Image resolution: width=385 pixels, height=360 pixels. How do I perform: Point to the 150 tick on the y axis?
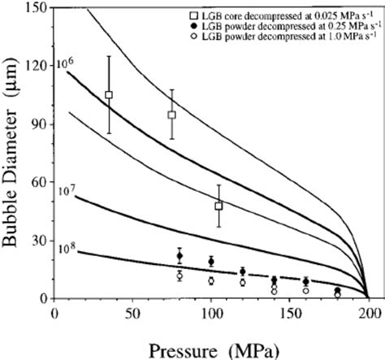click(x=36, y=7)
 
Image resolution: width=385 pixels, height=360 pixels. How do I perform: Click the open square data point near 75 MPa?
click(x=172, y=115)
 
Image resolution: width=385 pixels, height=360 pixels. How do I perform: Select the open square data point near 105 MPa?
click(x=218, y=206)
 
